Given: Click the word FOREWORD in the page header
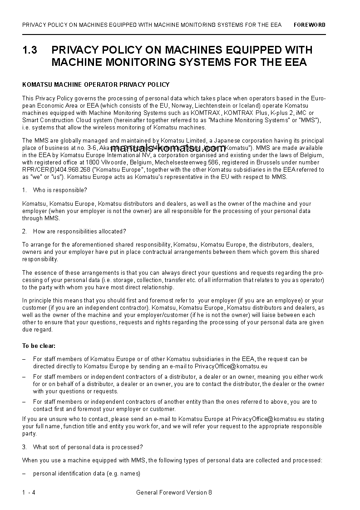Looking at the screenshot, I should (x=309, y=25).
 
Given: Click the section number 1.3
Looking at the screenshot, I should (x=30, y=50).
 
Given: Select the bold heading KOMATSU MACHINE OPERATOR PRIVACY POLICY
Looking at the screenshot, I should (x=96, y=84).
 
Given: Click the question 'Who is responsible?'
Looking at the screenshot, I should (x=60, y=190).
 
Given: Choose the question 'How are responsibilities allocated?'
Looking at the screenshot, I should (x=79, y=232).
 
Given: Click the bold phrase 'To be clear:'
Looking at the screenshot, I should (x=39, y=346).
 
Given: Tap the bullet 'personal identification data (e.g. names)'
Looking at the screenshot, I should (x=86, y=474).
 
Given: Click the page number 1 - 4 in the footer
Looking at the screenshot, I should (x=28, y=493).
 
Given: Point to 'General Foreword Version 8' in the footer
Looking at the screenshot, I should (x=174, y=493).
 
